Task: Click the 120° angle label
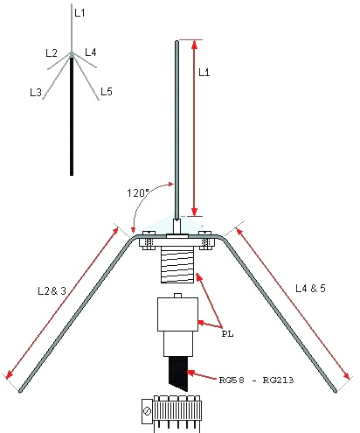point(138,192)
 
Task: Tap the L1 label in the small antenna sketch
point(80,13)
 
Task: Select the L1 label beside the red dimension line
point(204,73)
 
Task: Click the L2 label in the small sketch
point(52,53)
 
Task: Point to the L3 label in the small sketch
point(36,93)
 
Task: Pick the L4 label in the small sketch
point(91,52)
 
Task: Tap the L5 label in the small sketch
point(107,92)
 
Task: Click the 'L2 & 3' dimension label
point(52,290)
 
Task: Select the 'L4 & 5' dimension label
point(310,289)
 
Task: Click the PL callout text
point(227,333)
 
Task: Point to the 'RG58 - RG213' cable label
point(256,380)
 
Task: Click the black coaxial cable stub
point(178,374)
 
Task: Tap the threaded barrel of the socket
point(177,264)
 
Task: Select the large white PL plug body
point(177,314)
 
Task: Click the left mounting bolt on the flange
point(149,241)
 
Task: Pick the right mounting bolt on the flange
point(205,241)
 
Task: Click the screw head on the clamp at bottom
point(148,411)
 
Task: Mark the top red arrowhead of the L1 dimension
point(195,44)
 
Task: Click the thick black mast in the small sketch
point(72,116)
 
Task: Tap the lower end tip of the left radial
point(20,391)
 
